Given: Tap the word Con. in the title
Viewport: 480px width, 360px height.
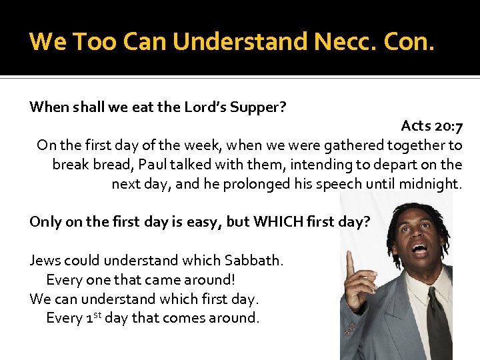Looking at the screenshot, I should click(408, 41).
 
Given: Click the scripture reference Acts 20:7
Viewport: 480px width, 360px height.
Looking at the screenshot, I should click(431, 126).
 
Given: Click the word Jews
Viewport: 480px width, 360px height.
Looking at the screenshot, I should click(45, 260).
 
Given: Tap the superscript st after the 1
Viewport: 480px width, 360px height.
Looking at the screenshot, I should click(97, 314).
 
